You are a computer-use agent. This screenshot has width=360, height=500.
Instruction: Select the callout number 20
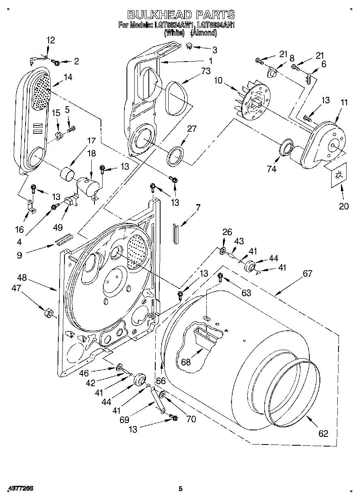coord(343,206)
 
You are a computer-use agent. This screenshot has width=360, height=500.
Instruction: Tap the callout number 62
coord(323,434)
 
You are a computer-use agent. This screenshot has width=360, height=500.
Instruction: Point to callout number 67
coord(307,274)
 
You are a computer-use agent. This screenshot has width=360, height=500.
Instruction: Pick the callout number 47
coord(16,288)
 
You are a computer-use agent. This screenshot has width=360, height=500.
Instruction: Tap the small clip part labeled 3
coord(190,47)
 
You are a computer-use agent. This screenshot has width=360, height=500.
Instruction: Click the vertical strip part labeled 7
coord(176,233)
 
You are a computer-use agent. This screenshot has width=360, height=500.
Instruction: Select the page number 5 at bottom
coord(181,489)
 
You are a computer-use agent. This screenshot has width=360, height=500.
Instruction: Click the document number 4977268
coord(20,489)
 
